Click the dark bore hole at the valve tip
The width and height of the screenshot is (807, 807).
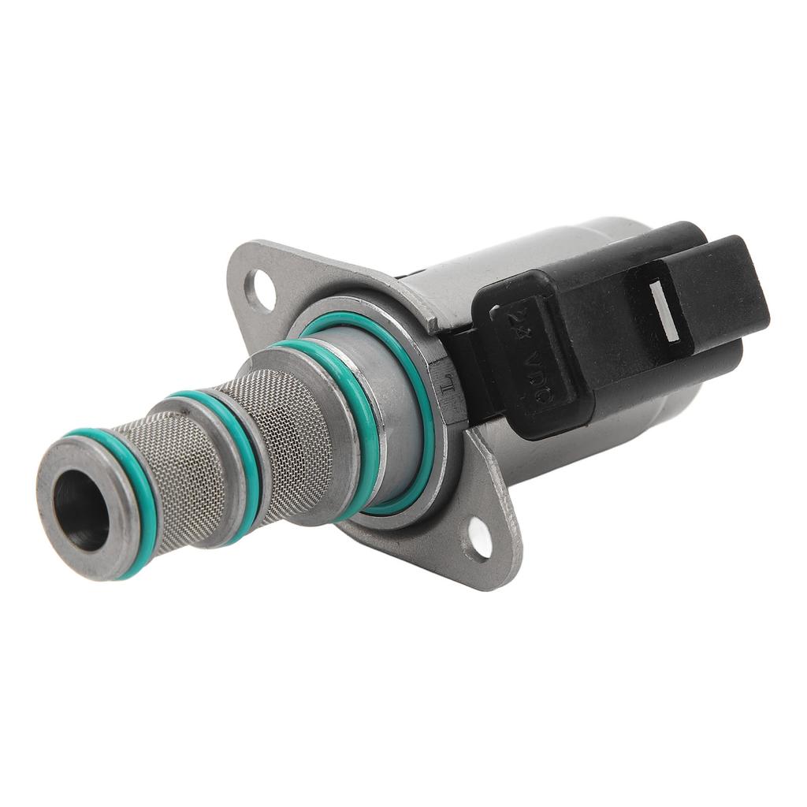tap(80, 510)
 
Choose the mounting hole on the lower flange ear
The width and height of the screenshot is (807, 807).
tap(478, 537)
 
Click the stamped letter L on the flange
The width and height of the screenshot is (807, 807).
tap(445, 385)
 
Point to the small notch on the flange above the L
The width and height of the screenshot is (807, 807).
tap(433, 322)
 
